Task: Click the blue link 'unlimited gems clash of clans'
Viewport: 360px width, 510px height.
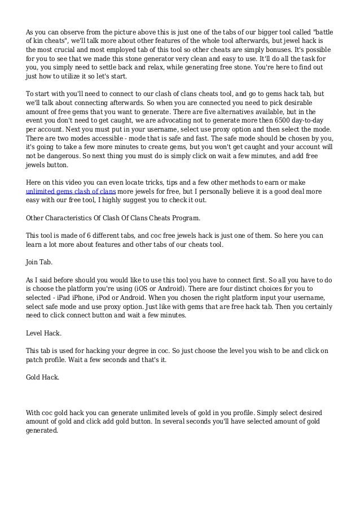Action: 71,191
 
